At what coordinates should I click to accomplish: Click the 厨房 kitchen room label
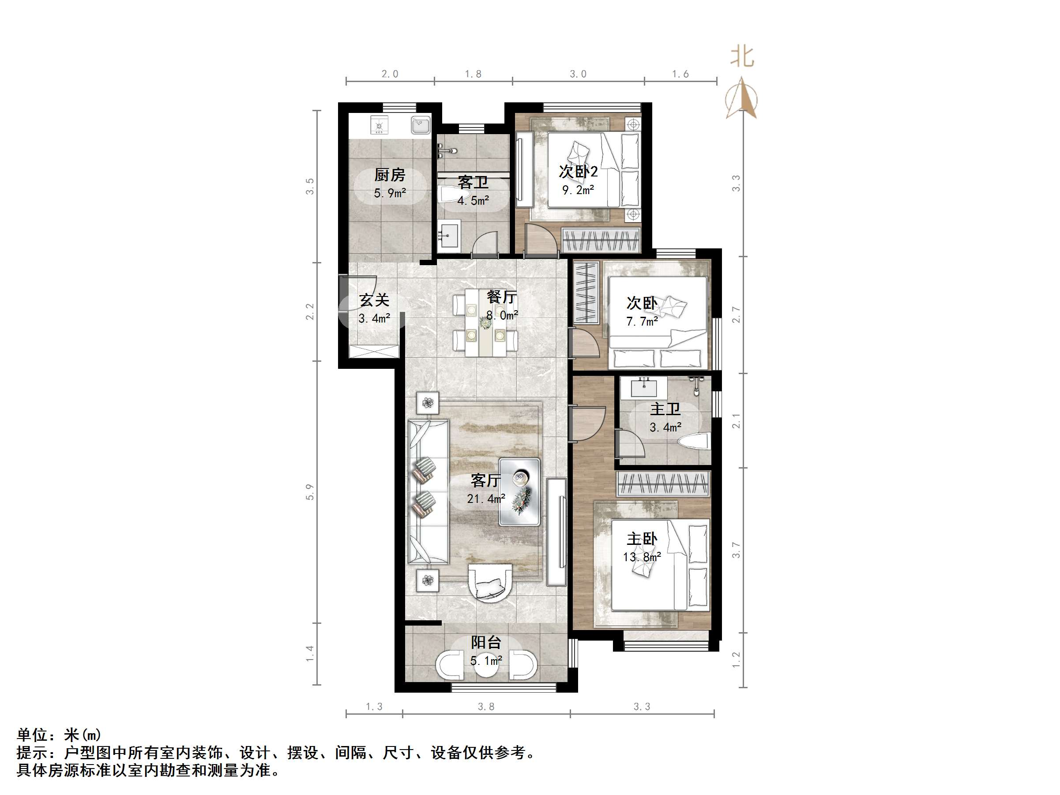pos(389,175)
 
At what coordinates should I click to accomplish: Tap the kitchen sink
pos(420,126)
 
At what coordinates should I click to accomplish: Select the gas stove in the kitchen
pos(379,126)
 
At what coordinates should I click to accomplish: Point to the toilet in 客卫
pos(449,195)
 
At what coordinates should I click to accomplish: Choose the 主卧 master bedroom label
pos(642,539)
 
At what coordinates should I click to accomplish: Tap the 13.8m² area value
pos(642,557)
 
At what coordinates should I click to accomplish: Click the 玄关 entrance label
pos(374,300)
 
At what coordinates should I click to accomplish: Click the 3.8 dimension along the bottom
pos(486,707)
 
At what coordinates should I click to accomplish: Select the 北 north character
pos(742,57)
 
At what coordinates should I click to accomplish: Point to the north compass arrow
pos(741,99)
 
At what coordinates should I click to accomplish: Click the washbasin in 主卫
pos(643,387)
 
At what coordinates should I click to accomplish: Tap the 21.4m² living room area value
pos(486,499)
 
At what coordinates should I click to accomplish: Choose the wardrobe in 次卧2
pos(601,240)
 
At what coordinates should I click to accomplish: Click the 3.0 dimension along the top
pos(578,74)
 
